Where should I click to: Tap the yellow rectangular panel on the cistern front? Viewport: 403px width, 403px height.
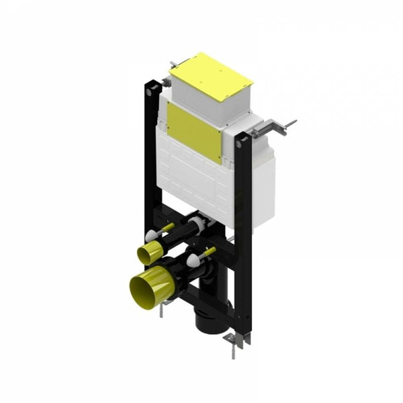coord(194,132)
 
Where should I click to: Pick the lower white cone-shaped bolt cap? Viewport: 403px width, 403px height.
coord(193,261)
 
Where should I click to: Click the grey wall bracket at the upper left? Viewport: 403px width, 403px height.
coord(173,64)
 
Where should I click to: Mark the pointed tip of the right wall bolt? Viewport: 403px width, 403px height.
coord(294,122)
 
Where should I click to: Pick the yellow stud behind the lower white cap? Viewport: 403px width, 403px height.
coord(209,252)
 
